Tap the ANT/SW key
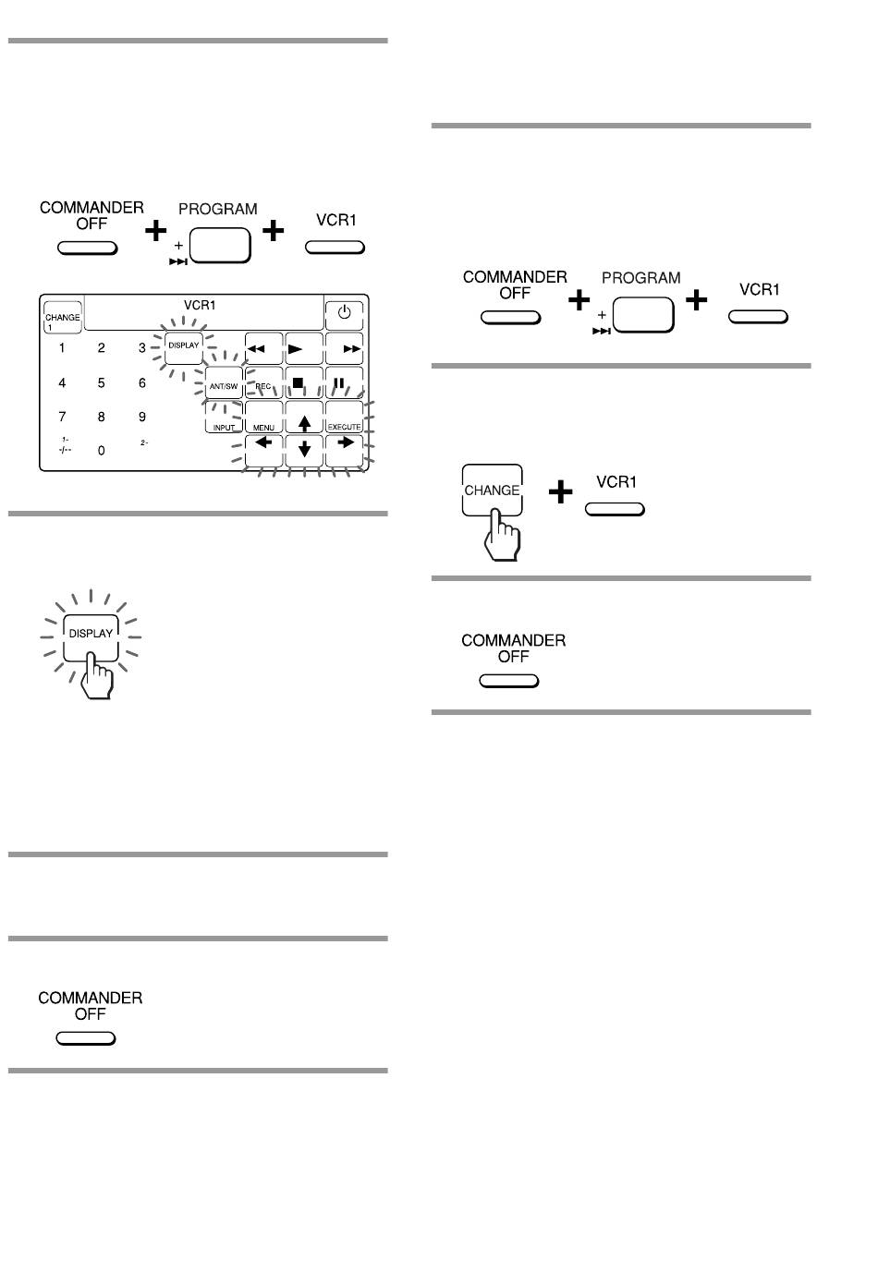coord(224,382)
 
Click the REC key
coord(263,382)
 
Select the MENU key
coord(263,417)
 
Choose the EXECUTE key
coord(345,417)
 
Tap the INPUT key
coord(224,417)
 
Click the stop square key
coord(304,382)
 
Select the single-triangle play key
coord(304,348)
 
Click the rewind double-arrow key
coord(263,348)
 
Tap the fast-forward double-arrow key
coord(345,348)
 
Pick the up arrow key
coord(304,417)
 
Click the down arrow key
coord(304,451)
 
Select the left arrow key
coord(263,451)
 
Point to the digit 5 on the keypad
coord(101,382)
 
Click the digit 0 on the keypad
coord(101,450)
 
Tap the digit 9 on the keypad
coord(142,417)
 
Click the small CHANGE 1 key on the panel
coord(63,317)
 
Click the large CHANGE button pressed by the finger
coord(492,491)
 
